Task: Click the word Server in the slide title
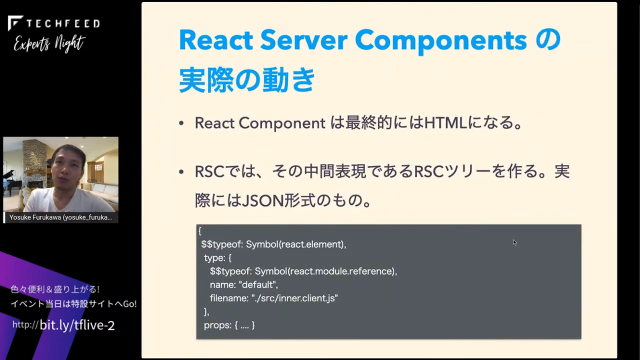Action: coord(304,40)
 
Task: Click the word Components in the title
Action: coord(441,42)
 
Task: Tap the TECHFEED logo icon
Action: coord(15,23)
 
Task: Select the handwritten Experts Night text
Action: coord(49,44)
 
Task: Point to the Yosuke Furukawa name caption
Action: coord(61,217)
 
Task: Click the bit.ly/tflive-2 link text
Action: coord(77,325)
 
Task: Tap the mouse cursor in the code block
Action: coord(515,242)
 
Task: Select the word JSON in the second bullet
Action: coord(263,200)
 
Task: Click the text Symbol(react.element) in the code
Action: coord(295,245)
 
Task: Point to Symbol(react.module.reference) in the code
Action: coord(325,272)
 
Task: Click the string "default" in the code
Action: coord(257,285)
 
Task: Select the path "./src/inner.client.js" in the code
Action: coord(295,298)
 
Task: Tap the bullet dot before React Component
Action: coord(181,123)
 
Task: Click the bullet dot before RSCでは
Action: coord(181,172)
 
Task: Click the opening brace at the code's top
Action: coord(200,231)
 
